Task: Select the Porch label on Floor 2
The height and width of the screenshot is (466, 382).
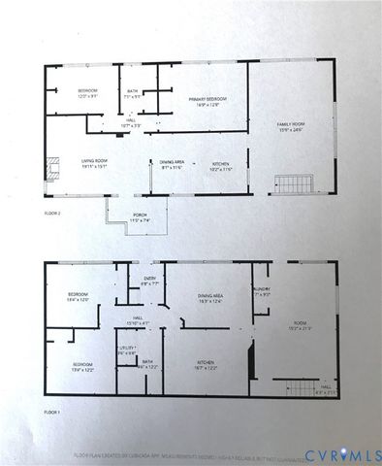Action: [x=141, y=218]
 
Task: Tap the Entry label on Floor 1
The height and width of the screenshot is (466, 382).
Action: [x=150, y=282]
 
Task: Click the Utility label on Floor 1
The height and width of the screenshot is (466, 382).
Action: [x=126, y=349]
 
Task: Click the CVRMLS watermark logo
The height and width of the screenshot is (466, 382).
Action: [x=341, y=454]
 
